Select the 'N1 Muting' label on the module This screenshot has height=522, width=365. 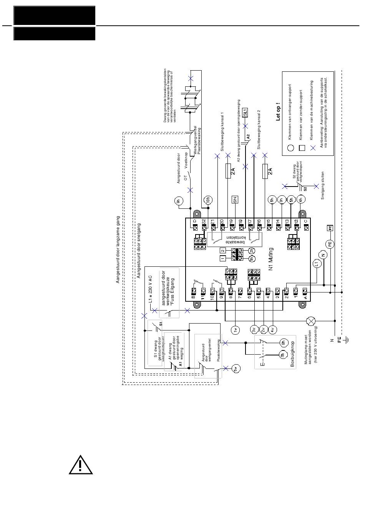click(270, 260)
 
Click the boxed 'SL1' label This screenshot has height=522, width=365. click(246, 112)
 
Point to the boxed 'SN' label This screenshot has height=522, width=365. click(235, 199)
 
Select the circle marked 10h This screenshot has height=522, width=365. click(208, 200)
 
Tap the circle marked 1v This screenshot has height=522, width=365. click(235, 329)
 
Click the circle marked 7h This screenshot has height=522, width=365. click(283, 356)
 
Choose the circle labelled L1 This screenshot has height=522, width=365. click(316, 264)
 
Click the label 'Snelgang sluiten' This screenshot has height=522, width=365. click(323, 185)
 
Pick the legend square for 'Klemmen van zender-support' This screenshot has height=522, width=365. click(302, 148)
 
